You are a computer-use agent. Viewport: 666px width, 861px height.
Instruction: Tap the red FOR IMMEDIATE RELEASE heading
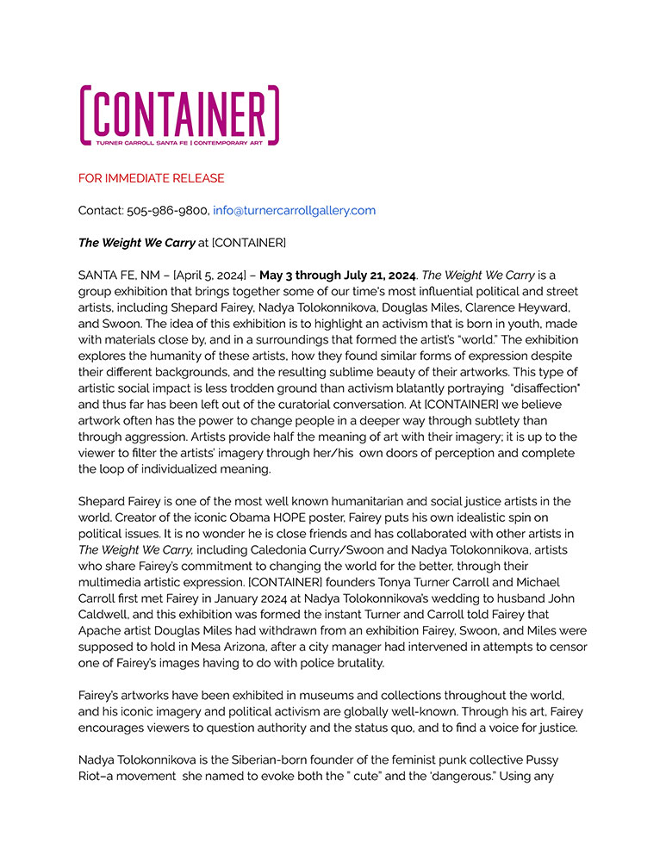tap(152, 178)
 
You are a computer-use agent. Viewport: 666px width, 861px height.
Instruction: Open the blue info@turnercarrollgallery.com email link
tap(294, 210)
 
